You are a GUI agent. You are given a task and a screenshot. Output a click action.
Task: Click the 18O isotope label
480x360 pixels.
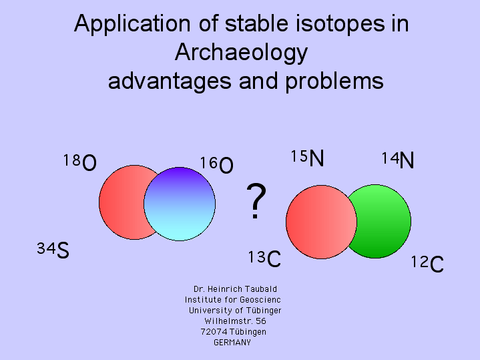80,162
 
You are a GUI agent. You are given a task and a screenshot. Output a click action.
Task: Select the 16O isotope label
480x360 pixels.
216,164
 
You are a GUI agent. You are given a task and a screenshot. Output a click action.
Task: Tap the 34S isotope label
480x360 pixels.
53,250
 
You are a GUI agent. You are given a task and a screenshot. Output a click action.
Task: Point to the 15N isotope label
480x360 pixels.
307,158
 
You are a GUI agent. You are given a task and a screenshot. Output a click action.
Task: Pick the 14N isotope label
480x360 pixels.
398,160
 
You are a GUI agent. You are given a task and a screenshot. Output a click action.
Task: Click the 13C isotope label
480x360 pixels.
264,258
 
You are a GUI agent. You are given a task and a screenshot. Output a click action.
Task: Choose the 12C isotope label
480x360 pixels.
427,264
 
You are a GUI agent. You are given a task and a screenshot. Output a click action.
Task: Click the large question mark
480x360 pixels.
256,201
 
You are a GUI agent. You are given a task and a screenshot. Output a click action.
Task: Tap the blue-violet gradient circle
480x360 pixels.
180,204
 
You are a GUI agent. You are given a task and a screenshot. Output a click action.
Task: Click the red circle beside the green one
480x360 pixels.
321,222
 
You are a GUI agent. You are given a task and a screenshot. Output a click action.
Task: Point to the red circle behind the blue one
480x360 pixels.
122,202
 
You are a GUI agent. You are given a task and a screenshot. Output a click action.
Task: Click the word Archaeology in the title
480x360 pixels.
241,53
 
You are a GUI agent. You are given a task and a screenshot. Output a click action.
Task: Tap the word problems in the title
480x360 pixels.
334,81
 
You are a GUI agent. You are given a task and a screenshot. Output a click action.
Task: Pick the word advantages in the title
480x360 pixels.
170,81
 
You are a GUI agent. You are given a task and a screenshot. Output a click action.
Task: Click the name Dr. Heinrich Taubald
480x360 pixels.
235,289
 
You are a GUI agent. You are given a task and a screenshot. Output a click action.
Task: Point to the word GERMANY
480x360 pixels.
232,343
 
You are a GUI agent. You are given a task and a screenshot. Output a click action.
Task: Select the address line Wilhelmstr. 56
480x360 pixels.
235,321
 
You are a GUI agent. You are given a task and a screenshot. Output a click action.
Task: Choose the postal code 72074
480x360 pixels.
214,332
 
